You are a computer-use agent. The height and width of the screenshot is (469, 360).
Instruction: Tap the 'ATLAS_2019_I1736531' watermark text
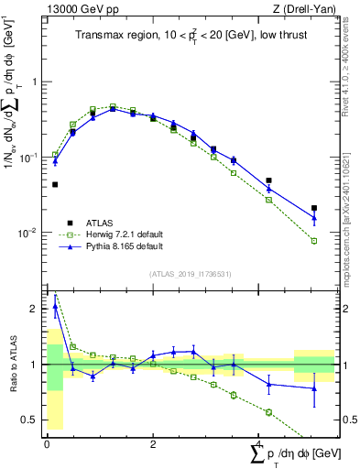click(190, 274)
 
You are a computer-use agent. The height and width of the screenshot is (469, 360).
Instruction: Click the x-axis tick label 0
click(46, 444)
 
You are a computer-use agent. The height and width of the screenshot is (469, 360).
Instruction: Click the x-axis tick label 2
click(153, 444)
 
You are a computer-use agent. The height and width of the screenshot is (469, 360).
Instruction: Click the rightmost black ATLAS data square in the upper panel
click(314, 208)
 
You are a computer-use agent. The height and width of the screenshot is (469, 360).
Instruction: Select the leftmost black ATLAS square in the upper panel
click(55, 184)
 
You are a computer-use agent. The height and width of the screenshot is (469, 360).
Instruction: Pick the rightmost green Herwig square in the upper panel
click(314, 241)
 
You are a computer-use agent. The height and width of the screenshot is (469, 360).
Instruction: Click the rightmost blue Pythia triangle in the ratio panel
click(314, 388)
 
